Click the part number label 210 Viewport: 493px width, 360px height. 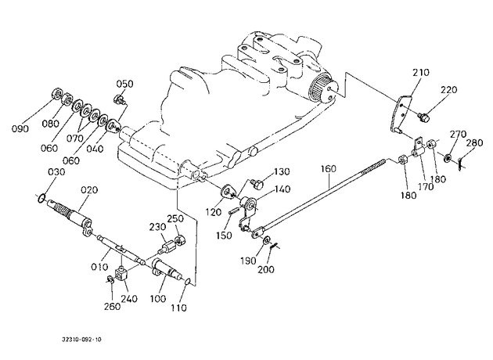pyautogui.click(x=421, y=73)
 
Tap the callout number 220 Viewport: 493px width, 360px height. pyautogui.click(x=448, y=90)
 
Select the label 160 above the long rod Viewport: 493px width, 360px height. pyautogui.click(x=328, y=169)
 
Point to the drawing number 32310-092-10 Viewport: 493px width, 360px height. pyautogui.click(x=81, y=340)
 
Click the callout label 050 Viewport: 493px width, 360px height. pyautogui.click(x=125, y=84)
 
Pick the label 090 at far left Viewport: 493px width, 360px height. pyautogui.click(x=20, y=128)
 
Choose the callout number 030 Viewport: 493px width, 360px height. pyautogui.click(x=56, y=172)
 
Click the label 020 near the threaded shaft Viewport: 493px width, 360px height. pyautogui.click(x=89, y=190)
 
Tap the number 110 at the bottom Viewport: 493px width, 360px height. pyautogui.click(x=179, y=308)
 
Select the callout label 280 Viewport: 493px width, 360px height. pyautogui.click(x=474, y=142)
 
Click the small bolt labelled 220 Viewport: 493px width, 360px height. pyautogui.click(x=423, y=117)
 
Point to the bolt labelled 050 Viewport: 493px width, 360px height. pyautogui.click(x=120, y=99)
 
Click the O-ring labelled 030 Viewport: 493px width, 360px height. pyautogui.click(x=41, y=199)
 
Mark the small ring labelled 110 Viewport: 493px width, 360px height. pyautogui.click(x=186, y=282)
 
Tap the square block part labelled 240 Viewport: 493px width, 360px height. pyautogui.click(x=121, y=272)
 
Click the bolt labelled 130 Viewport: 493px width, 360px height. pyautogui.click(x=258, y=184)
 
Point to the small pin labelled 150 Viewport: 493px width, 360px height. pyautogui.click(x=233, y=212)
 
